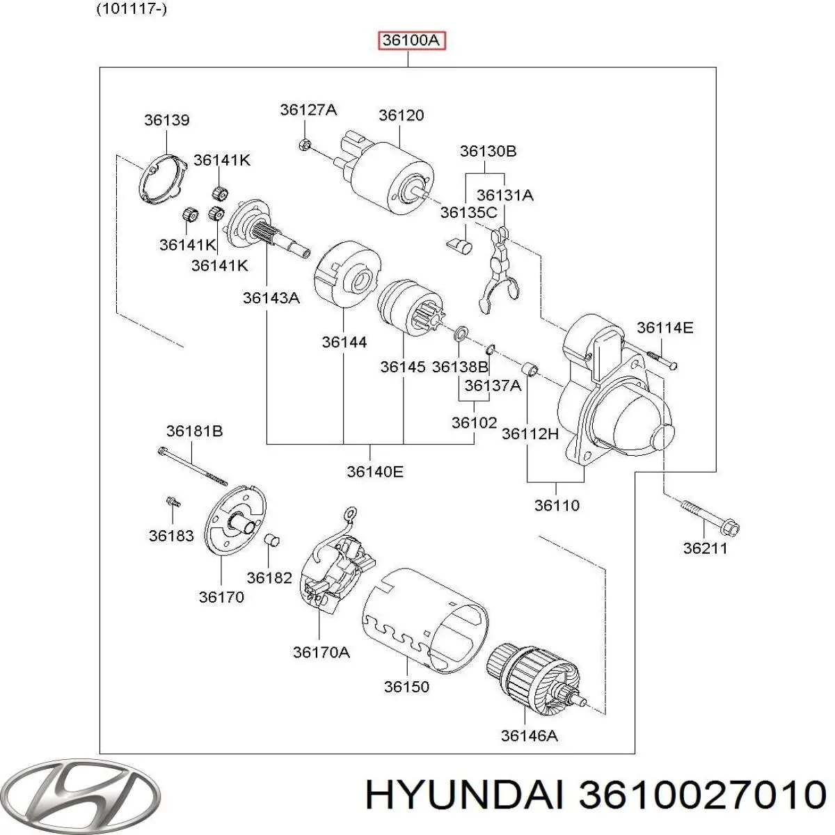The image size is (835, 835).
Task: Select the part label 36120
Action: click(401, 116)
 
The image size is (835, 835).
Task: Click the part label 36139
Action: click(166, 120)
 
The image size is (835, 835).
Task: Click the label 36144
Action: click(344, 342)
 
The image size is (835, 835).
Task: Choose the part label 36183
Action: click(171, 536)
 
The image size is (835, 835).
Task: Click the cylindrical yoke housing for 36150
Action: click(425, 619)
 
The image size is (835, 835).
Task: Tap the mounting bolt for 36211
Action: click(709, 517)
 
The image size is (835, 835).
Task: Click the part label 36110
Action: click(557, 506)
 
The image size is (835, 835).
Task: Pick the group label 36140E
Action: click(375, 472)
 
